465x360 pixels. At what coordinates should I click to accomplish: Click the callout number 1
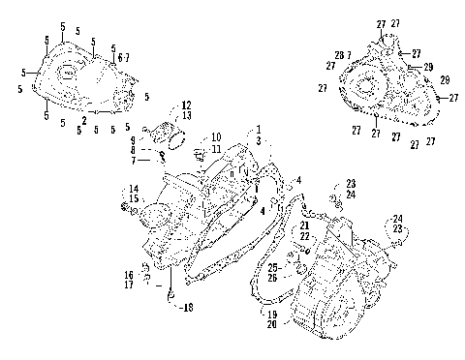click(259, 130)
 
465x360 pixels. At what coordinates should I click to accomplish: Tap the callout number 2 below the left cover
click(84, 120)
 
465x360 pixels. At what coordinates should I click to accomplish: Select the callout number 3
click(259, 141)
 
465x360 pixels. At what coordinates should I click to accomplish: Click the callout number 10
click(216, 138)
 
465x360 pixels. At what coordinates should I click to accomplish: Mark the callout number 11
click(216, 149)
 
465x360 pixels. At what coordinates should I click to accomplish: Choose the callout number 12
click(186, 105)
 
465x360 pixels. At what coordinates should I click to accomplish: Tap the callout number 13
click(186, 115)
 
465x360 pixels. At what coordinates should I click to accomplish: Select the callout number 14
click(134, 188)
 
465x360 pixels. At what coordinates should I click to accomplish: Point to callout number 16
click(128, 275)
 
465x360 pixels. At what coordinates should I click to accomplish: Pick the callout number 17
click(128, 285)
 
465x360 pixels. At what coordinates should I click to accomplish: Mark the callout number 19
click(273, 315)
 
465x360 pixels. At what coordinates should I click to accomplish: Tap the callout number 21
click(304, 225)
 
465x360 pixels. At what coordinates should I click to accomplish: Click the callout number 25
click(273, 266)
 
